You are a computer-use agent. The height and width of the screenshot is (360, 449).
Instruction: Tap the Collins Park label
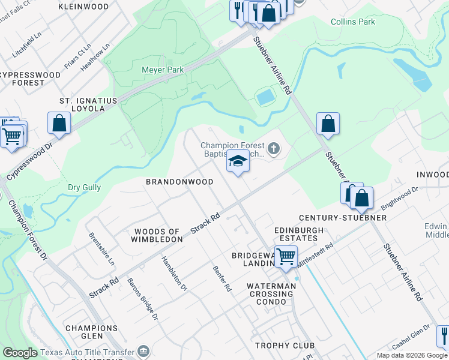pyautogui.click(x=353, y=22)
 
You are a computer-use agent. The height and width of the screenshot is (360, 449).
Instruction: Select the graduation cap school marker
pyautogui.click(x=238, y=162)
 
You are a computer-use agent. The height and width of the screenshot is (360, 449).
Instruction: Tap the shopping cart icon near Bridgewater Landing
pyautogui.click(x=286, y=256)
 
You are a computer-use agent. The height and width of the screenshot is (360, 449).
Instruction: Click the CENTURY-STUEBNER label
pyautogui.click(x=343, y=217)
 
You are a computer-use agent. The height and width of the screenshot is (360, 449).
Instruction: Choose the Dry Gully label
pyautogui.click(x=84, y=188)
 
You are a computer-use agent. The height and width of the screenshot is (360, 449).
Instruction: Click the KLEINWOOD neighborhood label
pyautogui.click(x=83, y=7)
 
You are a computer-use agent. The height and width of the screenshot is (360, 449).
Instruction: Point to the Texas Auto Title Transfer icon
pyautogui.click(x=143, y=350)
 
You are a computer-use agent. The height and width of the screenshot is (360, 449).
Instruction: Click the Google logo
pyautogui.click(x=20, y=353)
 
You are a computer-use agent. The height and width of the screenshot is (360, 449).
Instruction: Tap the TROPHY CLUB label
pyautogui.click(x=281, y=346)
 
